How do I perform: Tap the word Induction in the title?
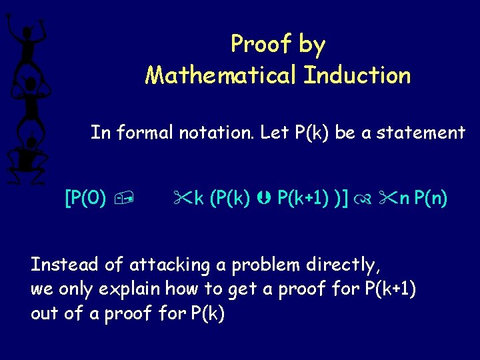pos(357,75)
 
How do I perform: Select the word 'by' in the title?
pos(312,45)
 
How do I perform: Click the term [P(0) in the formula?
pos(85,198)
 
